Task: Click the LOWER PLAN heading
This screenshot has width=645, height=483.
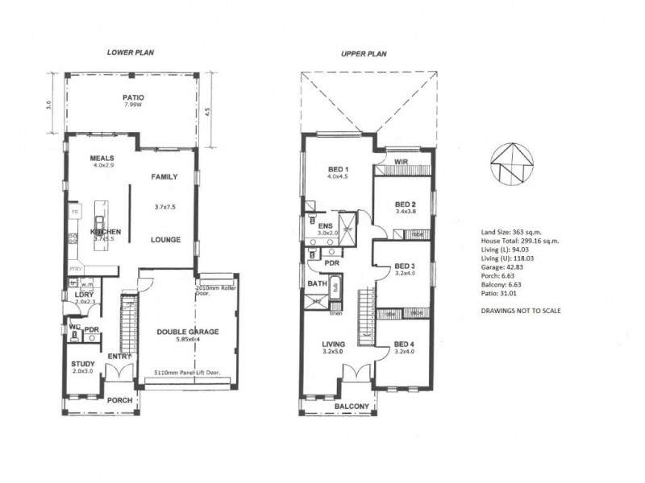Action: click(131, 52)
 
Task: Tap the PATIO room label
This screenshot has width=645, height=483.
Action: click(134, 97)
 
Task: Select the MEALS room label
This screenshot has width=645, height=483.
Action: click(102, 158)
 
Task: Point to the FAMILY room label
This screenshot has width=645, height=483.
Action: click(164, 176)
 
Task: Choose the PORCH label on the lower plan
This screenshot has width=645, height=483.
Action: click(120, 400)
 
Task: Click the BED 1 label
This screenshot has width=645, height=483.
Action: click(337, 169)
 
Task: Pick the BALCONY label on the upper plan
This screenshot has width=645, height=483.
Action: click(352, 407)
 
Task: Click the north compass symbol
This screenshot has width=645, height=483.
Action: click(510, 164)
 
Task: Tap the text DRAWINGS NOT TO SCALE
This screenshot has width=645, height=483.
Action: click(519, 310)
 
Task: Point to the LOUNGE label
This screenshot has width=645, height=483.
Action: click(164, 240)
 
